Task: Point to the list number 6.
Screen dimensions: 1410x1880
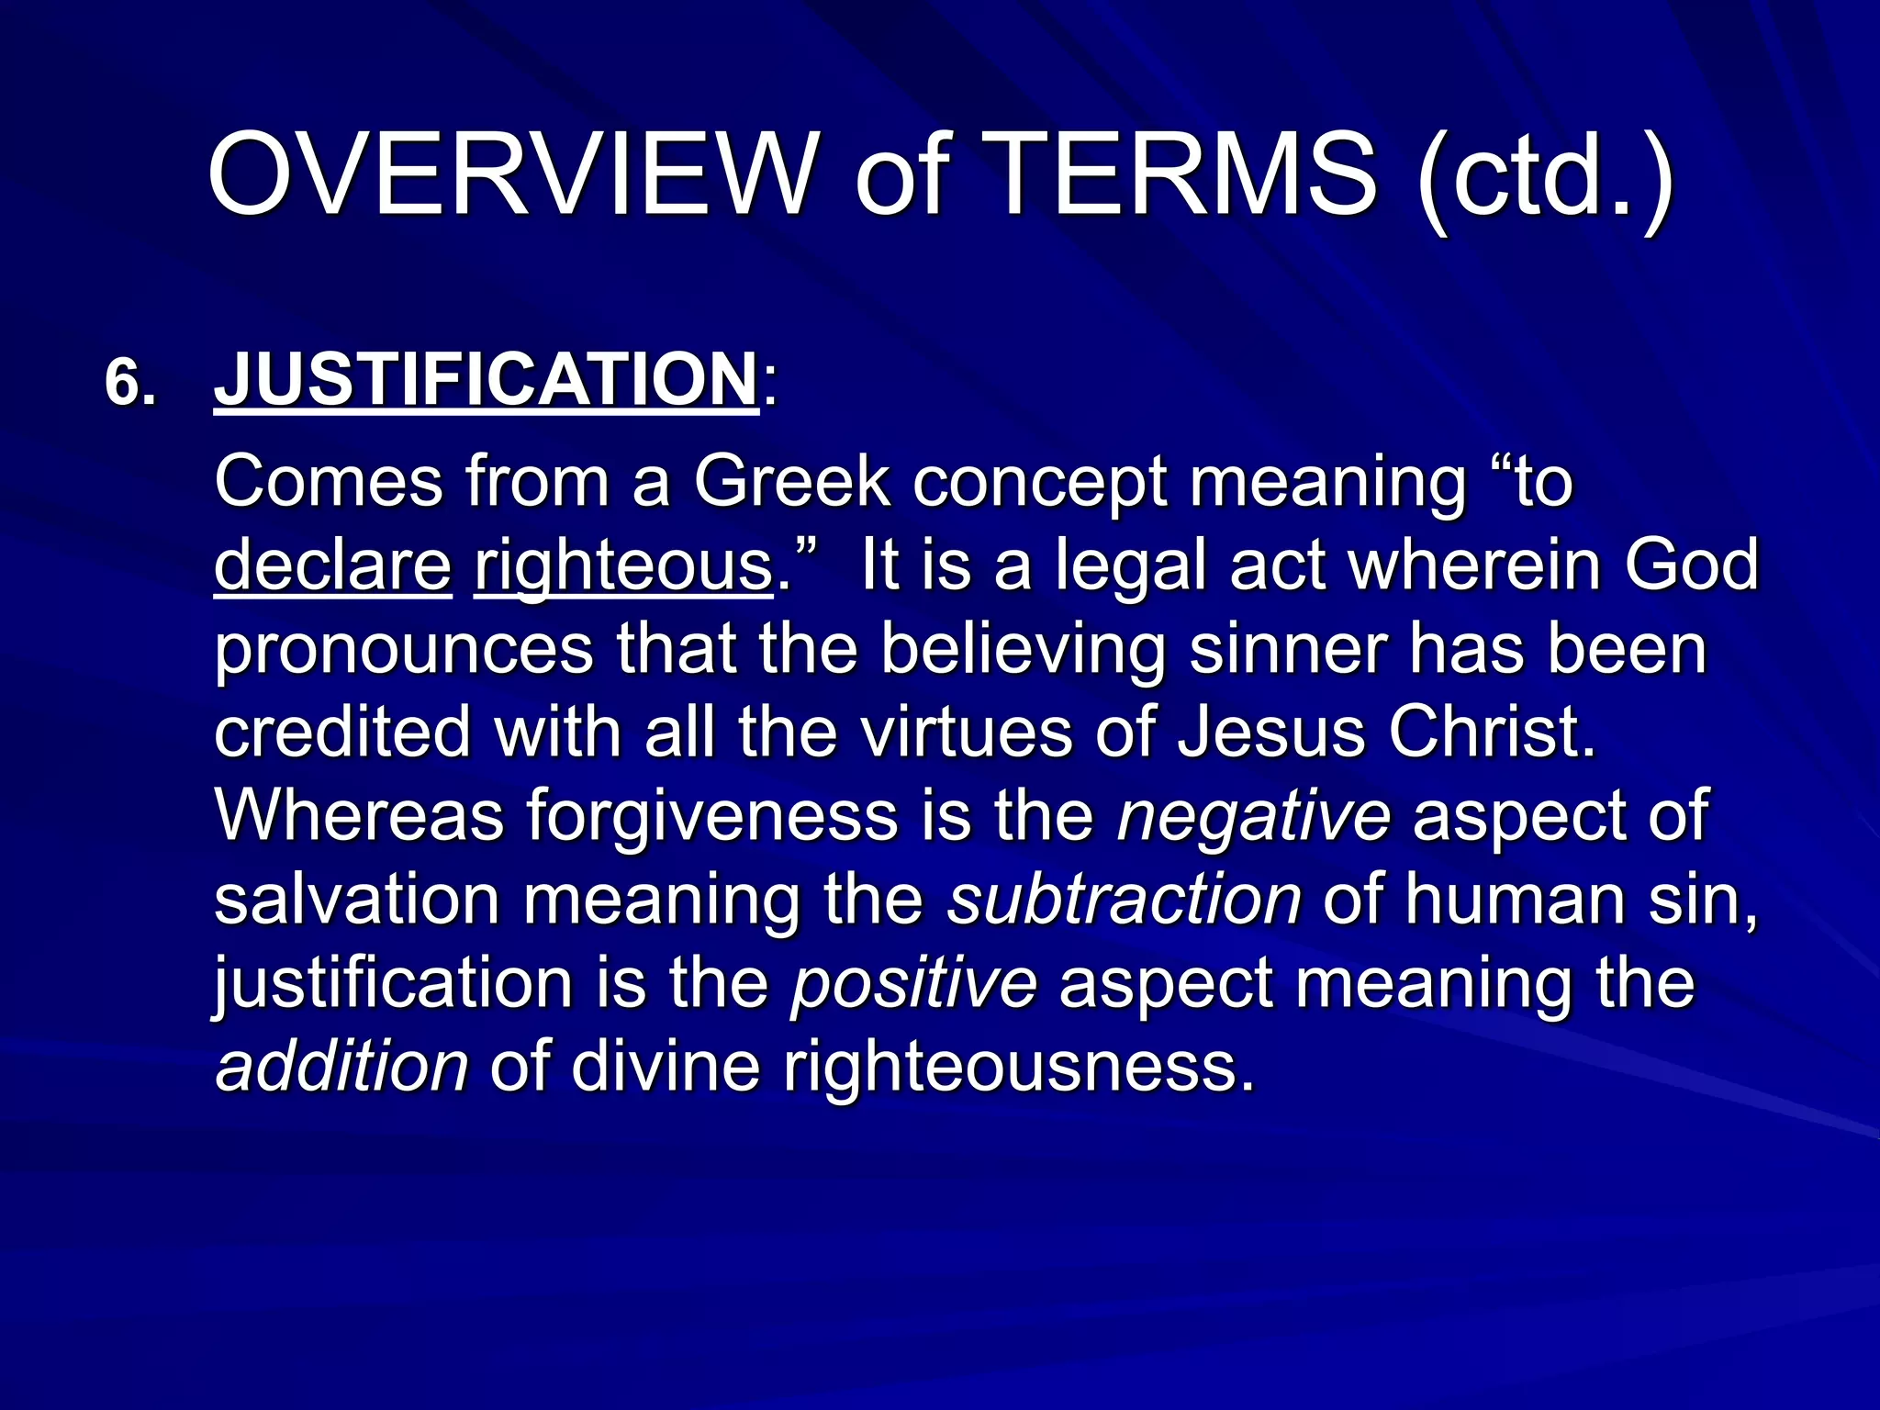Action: click(x=129, y=383)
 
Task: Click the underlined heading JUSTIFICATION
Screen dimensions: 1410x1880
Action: click(x=486, y=379)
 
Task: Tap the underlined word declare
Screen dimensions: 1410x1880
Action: click(x=332, y=565)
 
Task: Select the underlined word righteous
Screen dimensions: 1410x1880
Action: click(x=623, y=567)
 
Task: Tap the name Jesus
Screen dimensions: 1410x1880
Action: click(x=1271, y=733)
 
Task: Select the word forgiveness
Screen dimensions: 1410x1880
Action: click(x=711, y=815)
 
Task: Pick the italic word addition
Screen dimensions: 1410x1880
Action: click(x=341, y=1067)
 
